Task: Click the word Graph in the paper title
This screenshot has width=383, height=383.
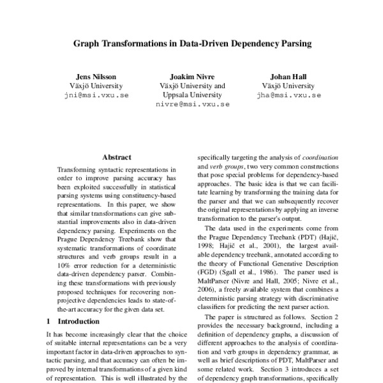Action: pyautogui.click(x=86, y=45)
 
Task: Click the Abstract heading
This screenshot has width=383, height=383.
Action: pyautogui.click(x=116, y=157)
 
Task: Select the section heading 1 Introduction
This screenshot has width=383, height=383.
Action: pyautogui.click(x=73, y=322)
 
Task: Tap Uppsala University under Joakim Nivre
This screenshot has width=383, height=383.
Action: pyautogui.click(x=192, y=94)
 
